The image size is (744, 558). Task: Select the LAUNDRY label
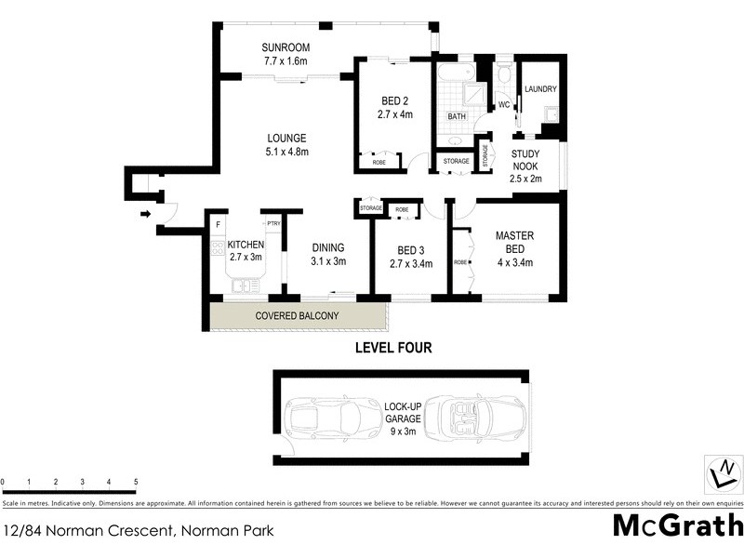click(x=539, y=89)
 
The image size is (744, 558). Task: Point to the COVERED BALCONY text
click(x=297, y=316)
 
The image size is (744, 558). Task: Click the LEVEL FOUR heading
click(x=393, y=349)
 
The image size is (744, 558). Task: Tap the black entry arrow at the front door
click(x=145, y=215)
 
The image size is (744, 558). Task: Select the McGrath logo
click(x=676, y=525)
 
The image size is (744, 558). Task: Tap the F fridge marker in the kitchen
click(x=217, y=225)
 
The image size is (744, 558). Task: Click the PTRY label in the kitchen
click(x=274, y=224)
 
